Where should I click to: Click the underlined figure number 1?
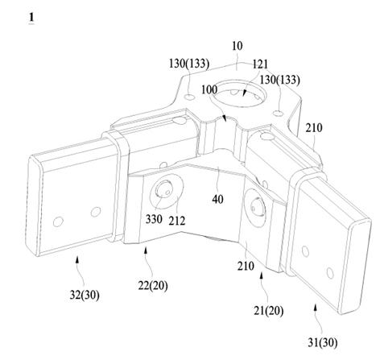(31, 18)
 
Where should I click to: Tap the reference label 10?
(237, 46)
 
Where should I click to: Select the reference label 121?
(260, 64)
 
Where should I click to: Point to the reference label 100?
(209, 89)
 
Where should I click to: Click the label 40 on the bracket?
(217, 199)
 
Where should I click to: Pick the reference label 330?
(154, 219)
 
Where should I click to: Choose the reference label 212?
(177, 221)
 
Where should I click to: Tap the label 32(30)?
(85, 295)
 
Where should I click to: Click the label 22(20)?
(153, 286)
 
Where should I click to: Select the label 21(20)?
(269, 311)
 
